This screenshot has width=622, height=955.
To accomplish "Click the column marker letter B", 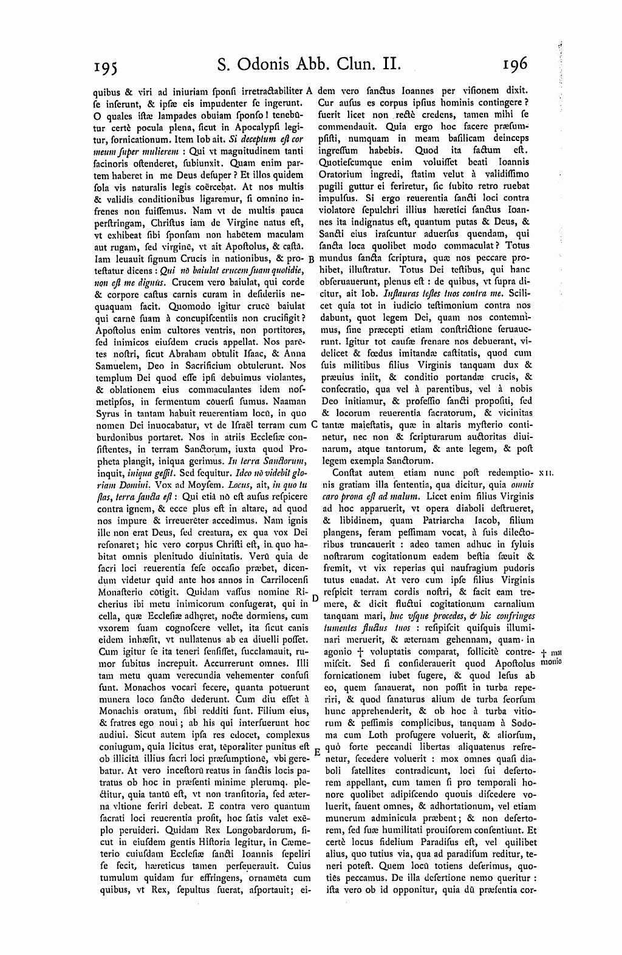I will (x=311, y=258).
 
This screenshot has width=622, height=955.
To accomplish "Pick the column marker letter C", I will (x=313, y=425).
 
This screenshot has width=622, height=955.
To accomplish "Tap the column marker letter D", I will (x=315, y=598).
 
